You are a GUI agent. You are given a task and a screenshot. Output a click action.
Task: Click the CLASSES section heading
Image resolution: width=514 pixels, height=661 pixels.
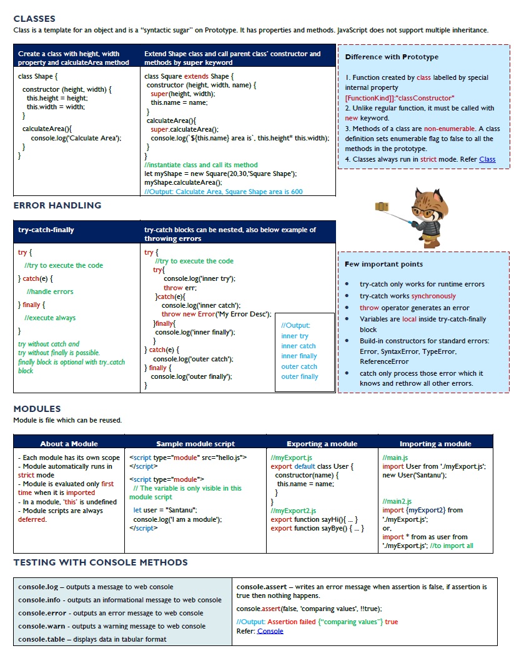pos(34,19)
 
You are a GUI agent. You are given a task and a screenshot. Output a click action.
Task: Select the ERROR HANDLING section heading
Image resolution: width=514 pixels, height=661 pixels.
pos(57,205)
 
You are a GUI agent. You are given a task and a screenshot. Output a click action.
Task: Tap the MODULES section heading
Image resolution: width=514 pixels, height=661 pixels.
pos(37,409)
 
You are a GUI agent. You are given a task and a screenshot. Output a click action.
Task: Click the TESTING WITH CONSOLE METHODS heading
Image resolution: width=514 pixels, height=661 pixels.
pos(101,562)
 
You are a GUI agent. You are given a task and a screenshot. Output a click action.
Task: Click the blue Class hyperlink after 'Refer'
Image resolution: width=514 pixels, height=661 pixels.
pos(487,159)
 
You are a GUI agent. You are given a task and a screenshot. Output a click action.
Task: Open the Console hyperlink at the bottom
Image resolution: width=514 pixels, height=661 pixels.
pos(270,631)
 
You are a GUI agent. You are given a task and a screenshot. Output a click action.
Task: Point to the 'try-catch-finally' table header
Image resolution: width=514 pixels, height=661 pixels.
pos(46,230)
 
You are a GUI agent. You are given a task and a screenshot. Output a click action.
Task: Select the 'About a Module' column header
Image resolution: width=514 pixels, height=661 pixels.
pos(69,444)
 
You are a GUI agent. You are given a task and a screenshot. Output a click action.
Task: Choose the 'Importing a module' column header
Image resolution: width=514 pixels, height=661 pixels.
pos(435,444)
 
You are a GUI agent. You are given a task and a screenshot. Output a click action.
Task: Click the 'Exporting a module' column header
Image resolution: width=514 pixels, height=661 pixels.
pos(322,444)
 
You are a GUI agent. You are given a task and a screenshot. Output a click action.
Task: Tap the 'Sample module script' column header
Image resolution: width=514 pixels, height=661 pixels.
pos(195,444)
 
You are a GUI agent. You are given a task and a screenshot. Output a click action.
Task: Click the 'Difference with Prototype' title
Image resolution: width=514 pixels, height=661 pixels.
pos(392,57)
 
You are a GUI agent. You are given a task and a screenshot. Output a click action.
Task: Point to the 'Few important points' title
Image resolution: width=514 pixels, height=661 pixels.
pos(383,264)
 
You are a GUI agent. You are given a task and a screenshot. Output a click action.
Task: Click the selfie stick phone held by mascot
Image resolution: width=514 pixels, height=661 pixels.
pos(380,206)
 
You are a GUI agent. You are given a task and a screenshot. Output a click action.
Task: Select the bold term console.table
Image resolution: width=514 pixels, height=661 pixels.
pos(41,639)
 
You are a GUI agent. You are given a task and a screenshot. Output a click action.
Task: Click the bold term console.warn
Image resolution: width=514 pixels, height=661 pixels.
pos(39,626)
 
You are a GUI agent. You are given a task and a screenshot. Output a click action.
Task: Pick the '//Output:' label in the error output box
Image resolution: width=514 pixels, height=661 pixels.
pos(295,325)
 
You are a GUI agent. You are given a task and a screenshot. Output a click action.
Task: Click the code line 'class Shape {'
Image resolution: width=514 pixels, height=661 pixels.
pos(37,76)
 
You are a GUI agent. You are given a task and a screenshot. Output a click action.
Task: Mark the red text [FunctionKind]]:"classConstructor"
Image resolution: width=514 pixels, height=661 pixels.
pos(400,98)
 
